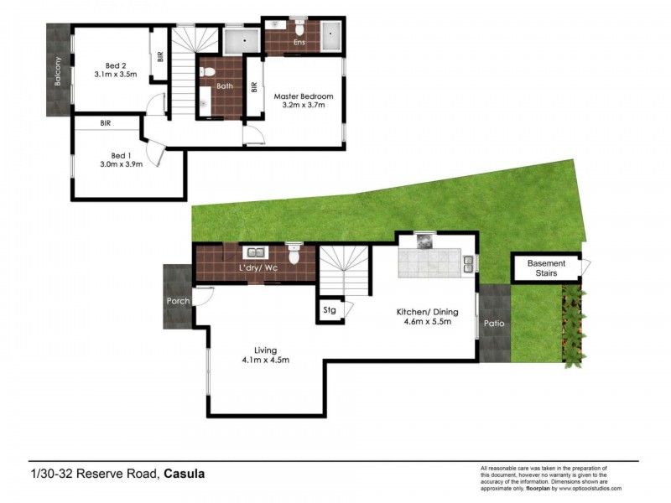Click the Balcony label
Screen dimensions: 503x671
coord(58,72)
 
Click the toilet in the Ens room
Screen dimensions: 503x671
coord(278,26)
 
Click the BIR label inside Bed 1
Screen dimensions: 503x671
coord(106,122)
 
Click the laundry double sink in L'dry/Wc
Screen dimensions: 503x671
coord(254,251)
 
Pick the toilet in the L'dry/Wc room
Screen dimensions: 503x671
coord(293,254)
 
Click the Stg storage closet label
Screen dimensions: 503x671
coord(330,310)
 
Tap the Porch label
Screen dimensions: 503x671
coord(178,301)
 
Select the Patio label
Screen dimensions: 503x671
coord(492,323)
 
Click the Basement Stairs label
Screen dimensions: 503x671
coord(546,268)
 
